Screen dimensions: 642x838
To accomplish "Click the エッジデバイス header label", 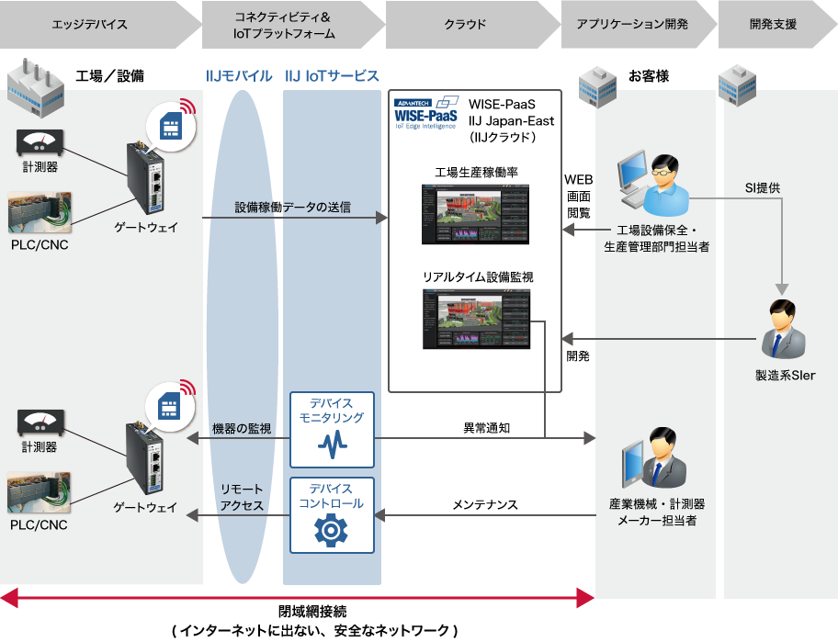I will [x=90, y=25].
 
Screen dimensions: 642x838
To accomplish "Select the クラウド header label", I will [x=465, y=25].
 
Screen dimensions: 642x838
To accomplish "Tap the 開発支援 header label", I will [x=772, y=25].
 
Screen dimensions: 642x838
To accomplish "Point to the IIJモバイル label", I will [x=240, y=76].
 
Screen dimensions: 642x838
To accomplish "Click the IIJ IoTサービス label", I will [x=332, y=76].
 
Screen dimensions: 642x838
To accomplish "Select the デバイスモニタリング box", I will [x=332, y=429].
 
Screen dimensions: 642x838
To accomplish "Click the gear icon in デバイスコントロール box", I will [x=332, y=530].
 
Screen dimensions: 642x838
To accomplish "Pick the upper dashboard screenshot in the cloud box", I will [x=476, y=214].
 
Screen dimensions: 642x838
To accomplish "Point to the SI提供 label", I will [x=762, y=188].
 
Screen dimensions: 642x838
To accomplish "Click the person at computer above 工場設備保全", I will [x=654, y=185].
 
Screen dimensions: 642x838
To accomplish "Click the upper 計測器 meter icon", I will [x=39, y=143].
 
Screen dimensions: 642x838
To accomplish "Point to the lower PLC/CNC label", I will [x=40, y=524].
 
